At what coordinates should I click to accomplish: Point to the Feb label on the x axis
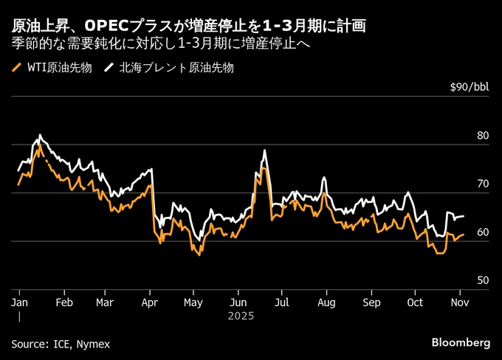[64, 302]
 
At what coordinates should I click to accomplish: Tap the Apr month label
[150, 302]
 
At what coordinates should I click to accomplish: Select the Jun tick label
[238, 302]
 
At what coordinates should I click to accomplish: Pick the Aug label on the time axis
[327, 302]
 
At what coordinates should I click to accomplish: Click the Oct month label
[416, 302]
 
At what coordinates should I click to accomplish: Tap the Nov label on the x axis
[460, 302]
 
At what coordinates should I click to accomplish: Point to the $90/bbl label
[470, 88]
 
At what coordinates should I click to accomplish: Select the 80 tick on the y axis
[484, 136]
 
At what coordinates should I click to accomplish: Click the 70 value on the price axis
[484, 184]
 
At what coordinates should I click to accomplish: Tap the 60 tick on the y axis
[484, 232]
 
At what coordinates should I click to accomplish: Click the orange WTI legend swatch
[17, 69]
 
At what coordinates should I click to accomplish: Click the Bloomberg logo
[461, 343]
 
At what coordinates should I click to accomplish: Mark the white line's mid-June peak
[264, 150]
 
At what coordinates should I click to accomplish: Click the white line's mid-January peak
[40, 135]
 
